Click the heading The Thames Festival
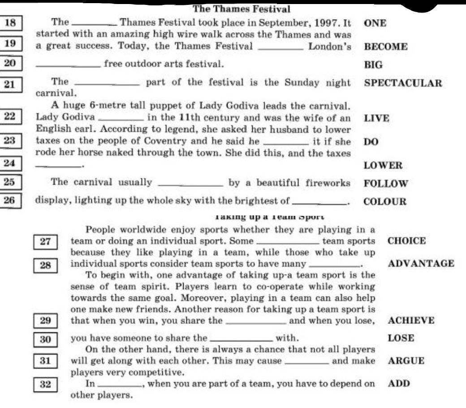pos(242,9)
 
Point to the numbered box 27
pos(46,242)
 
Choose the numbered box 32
pos(46,384)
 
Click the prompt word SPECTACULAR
pos(403,83)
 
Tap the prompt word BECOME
pos(386,47)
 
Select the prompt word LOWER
pos(383,165)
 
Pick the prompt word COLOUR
pos(385,202)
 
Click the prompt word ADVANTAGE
pos(421,264)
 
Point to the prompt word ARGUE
pos(406,361)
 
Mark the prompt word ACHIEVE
pos(411,321)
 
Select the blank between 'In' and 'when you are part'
pos(119,384)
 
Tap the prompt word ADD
pos(398,383)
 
